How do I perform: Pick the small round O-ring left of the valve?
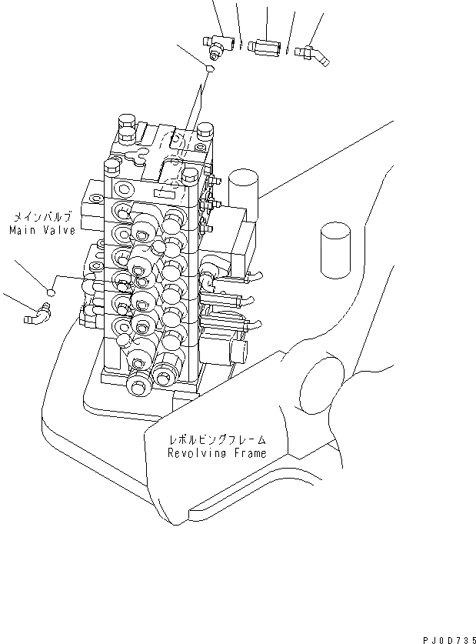coord(51,292)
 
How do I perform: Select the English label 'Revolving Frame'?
coord(217,453)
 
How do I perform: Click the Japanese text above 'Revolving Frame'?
coord(218,440)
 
